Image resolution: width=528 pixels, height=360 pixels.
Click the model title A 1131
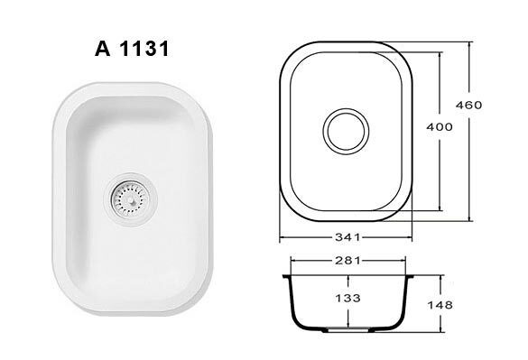pyautogui.click(x=132, y=49)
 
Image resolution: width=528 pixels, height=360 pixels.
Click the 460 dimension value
pyautogui.click(x=468, y=105)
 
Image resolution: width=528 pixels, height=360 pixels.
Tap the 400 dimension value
pyautogui.click(x=440, y=127)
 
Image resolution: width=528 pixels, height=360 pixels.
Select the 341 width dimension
pyautogui.click(x=347, y=237)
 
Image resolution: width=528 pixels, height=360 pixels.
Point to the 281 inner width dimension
pyautogui.click(x=347, y=261)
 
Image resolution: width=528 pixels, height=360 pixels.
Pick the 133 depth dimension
pyautogui.click(x=347, y=298)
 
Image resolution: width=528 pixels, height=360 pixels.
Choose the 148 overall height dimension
pyautogui.click(x=440, y=305)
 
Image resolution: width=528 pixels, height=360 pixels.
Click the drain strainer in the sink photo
pyautogui.click(x=130, y=200)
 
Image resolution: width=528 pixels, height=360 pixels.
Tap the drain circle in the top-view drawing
pyautogui.click(x=346, y=132)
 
